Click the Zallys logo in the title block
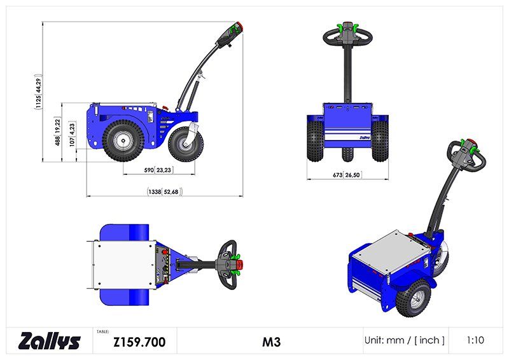[50, 341]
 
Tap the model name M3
[272, 342]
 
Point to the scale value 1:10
[475, 340]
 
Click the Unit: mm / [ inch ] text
[404, 340]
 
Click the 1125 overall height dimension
[39, 92]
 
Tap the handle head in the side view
[232, 34]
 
